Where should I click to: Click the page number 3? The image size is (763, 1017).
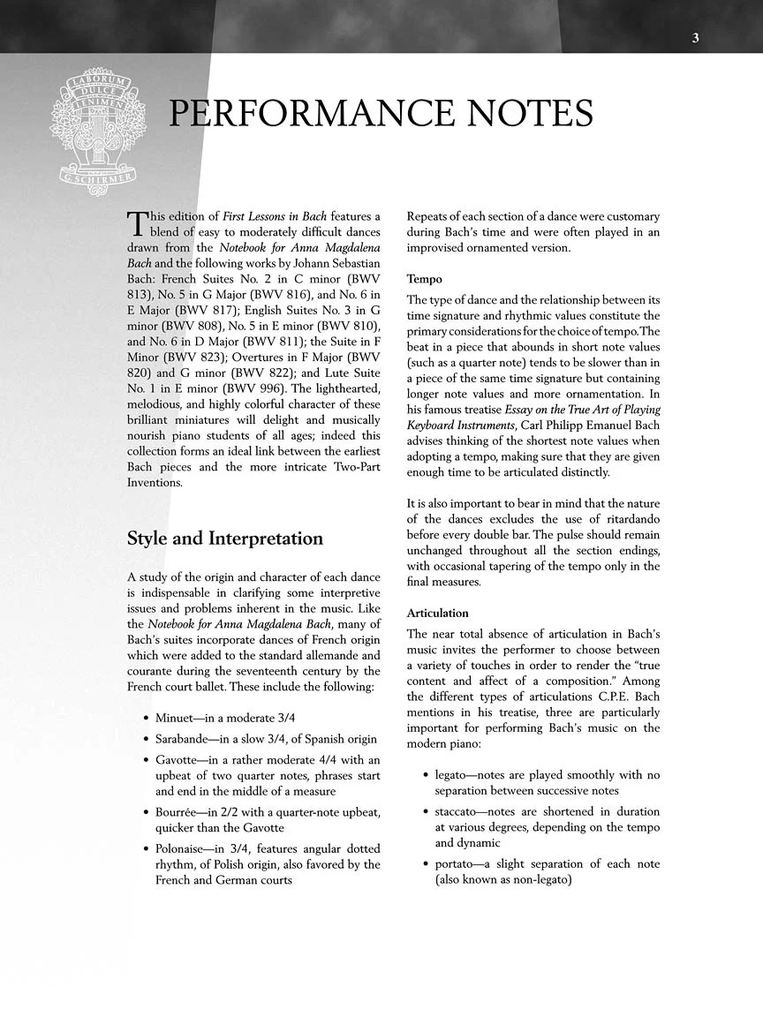pos(696,38)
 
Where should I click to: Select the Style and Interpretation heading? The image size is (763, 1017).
pos(225,539)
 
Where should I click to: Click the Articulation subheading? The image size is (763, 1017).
pos(437,613)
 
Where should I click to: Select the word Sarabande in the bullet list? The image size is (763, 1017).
pos(188,739)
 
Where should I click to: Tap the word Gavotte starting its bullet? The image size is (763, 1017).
pos(182,760)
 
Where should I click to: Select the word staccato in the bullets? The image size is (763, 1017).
pos(458,811)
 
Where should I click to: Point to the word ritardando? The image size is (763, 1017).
pos(621,518)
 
